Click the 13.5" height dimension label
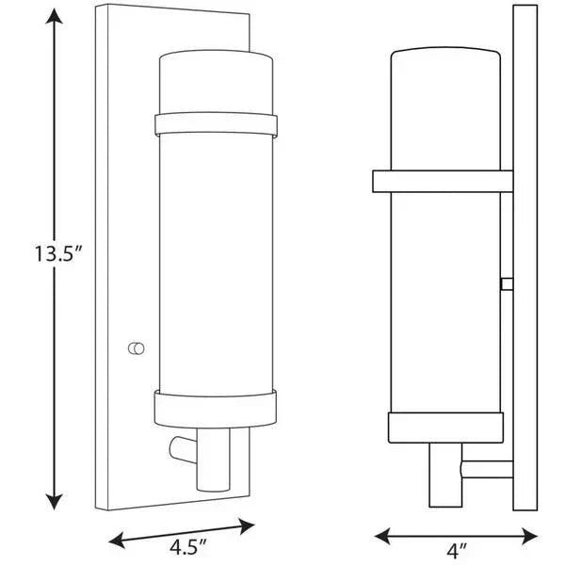pyautogui.click(x=58, y=253)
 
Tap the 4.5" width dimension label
pyautogui.click(x=188, y=548)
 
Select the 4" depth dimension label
pyautogui.click(x=457, y=551)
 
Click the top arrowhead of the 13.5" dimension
pyautogui.click(x=54, y=16)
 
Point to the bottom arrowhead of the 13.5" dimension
pyautogui.click(x=54, y=502)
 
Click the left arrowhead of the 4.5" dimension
pyautogui.click(x=117, y=540)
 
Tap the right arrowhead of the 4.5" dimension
pyautogui.click(x=247, y=526)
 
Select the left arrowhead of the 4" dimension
pyautogui.click(x=382, y=536)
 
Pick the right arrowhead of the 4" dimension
pyautogui.click(x=529, y=536)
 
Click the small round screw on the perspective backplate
pyautogui.click(x=137, y=348)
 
